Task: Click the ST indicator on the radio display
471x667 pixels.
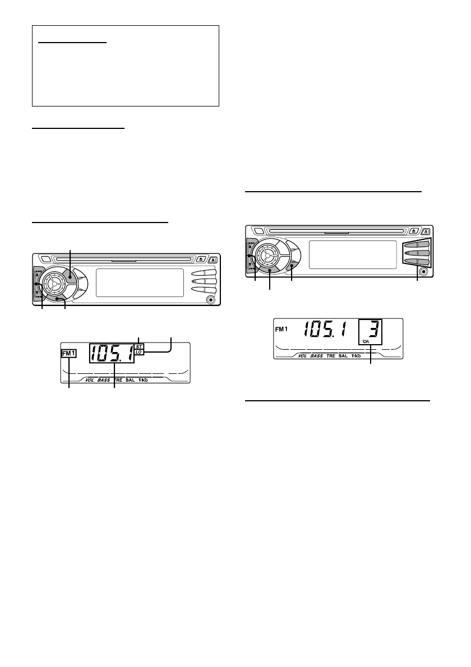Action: [139, 347]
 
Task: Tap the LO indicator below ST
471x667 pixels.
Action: [139, 352]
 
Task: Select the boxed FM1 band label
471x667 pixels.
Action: [69, 353]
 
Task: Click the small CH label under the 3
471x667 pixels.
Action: [366, 341]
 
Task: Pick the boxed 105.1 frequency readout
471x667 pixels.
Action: [112, 353]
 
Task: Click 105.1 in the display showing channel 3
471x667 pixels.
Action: [325, 329]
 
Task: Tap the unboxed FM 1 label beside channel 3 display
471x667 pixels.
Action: [281, 329]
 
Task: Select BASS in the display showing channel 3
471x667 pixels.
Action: [317, 356]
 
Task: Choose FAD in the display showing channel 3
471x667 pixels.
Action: [356, 356]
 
